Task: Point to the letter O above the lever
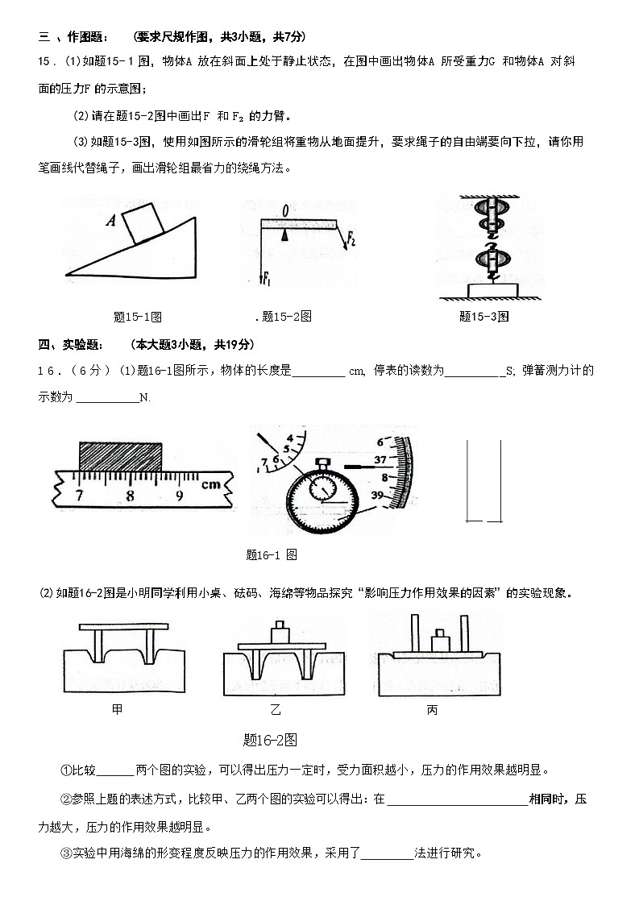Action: click(x=285, y=211)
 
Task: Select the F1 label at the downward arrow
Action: click(x=267, y=279)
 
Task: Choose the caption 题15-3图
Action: click(x=483, y=317)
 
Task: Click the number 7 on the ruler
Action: click(x=79, y=495)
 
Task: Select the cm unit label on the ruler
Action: click(x=211, y=486)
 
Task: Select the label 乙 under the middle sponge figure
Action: click(x=276, y=710)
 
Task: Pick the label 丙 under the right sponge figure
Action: click(x=432, y=710)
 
